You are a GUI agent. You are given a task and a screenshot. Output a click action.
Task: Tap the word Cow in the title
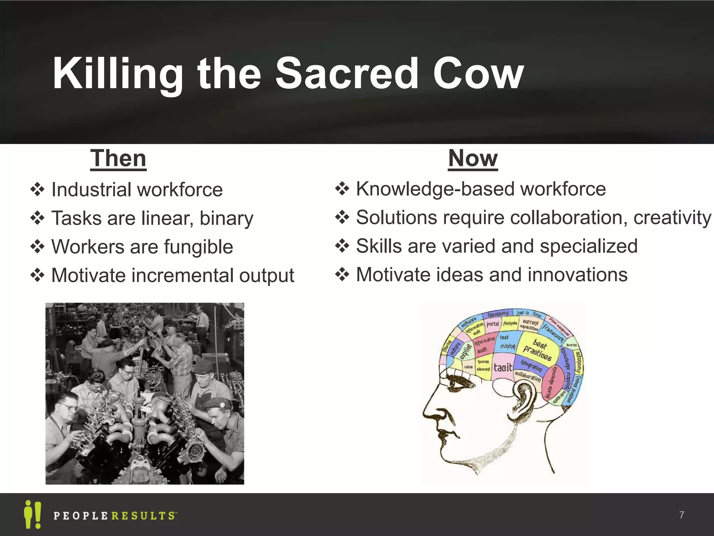point(478,74)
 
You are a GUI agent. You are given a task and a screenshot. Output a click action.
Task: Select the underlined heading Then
point(118,158)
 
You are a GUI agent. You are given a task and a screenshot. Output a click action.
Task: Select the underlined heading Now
point(473,158)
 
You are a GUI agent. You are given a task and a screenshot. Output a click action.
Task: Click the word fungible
point(198,247)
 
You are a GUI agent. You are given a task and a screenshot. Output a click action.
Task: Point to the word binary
point(226,219)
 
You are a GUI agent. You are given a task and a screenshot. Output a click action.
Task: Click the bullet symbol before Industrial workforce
point(37,190)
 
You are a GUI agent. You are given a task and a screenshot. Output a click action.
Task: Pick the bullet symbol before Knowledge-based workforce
point(342,189)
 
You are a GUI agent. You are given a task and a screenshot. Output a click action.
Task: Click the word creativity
point(672,218)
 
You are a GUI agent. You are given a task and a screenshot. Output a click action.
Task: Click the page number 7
point(682,515)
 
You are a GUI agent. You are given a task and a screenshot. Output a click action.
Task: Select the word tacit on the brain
point(503,367)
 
